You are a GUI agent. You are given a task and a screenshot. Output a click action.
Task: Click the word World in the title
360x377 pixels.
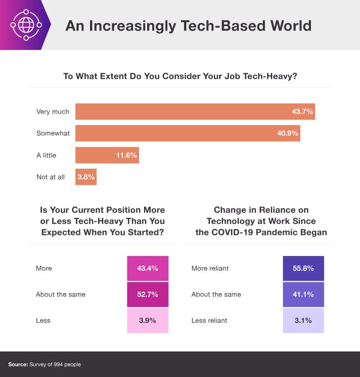(x=288, y=25)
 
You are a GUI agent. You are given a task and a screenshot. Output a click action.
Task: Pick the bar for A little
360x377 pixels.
(x=107, y=155)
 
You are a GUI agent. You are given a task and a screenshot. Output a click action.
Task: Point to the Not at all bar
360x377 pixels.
(x=86, y=177)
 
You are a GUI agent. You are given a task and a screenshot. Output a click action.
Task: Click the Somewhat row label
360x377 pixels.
(x=53, y=134)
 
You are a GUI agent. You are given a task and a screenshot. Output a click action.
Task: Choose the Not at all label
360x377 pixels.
(x=50, y=177)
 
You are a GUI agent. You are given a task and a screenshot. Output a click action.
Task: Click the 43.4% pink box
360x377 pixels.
(x=148, y=269)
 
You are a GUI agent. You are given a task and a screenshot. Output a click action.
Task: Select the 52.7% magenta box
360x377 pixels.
(x=148, y=295)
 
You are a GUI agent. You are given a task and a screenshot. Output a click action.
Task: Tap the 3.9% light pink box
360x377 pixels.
(x=148, y=321)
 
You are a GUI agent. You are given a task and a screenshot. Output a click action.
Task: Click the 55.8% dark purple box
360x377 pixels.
(x=303, y=269)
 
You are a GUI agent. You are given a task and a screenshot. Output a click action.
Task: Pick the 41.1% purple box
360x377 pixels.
(x=303, y=295)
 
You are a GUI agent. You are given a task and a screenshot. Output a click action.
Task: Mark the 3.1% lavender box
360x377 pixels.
(x=303, y=321)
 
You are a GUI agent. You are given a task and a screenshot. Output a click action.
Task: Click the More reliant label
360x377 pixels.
(x=210, y=269)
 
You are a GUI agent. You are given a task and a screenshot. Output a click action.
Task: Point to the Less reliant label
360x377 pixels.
(x=209, y=321)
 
